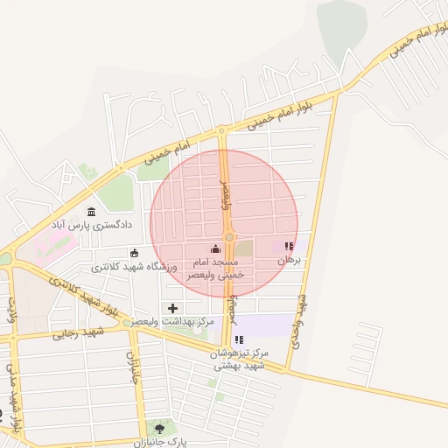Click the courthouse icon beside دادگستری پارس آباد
tap(92, 210)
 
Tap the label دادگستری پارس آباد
tap(92, 225)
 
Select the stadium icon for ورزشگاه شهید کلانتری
tap(134, 253)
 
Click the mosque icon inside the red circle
tap(216, 248)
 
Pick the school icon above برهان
tap(290, 247)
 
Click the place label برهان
tap(289, 261)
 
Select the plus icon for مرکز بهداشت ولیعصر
tap(172, 308)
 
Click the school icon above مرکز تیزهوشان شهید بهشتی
tap(239, 339)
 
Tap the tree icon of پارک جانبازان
tap(159, 428)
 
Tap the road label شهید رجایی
tap(78, 332)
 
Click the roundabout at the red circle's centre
tap(229, 237)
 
